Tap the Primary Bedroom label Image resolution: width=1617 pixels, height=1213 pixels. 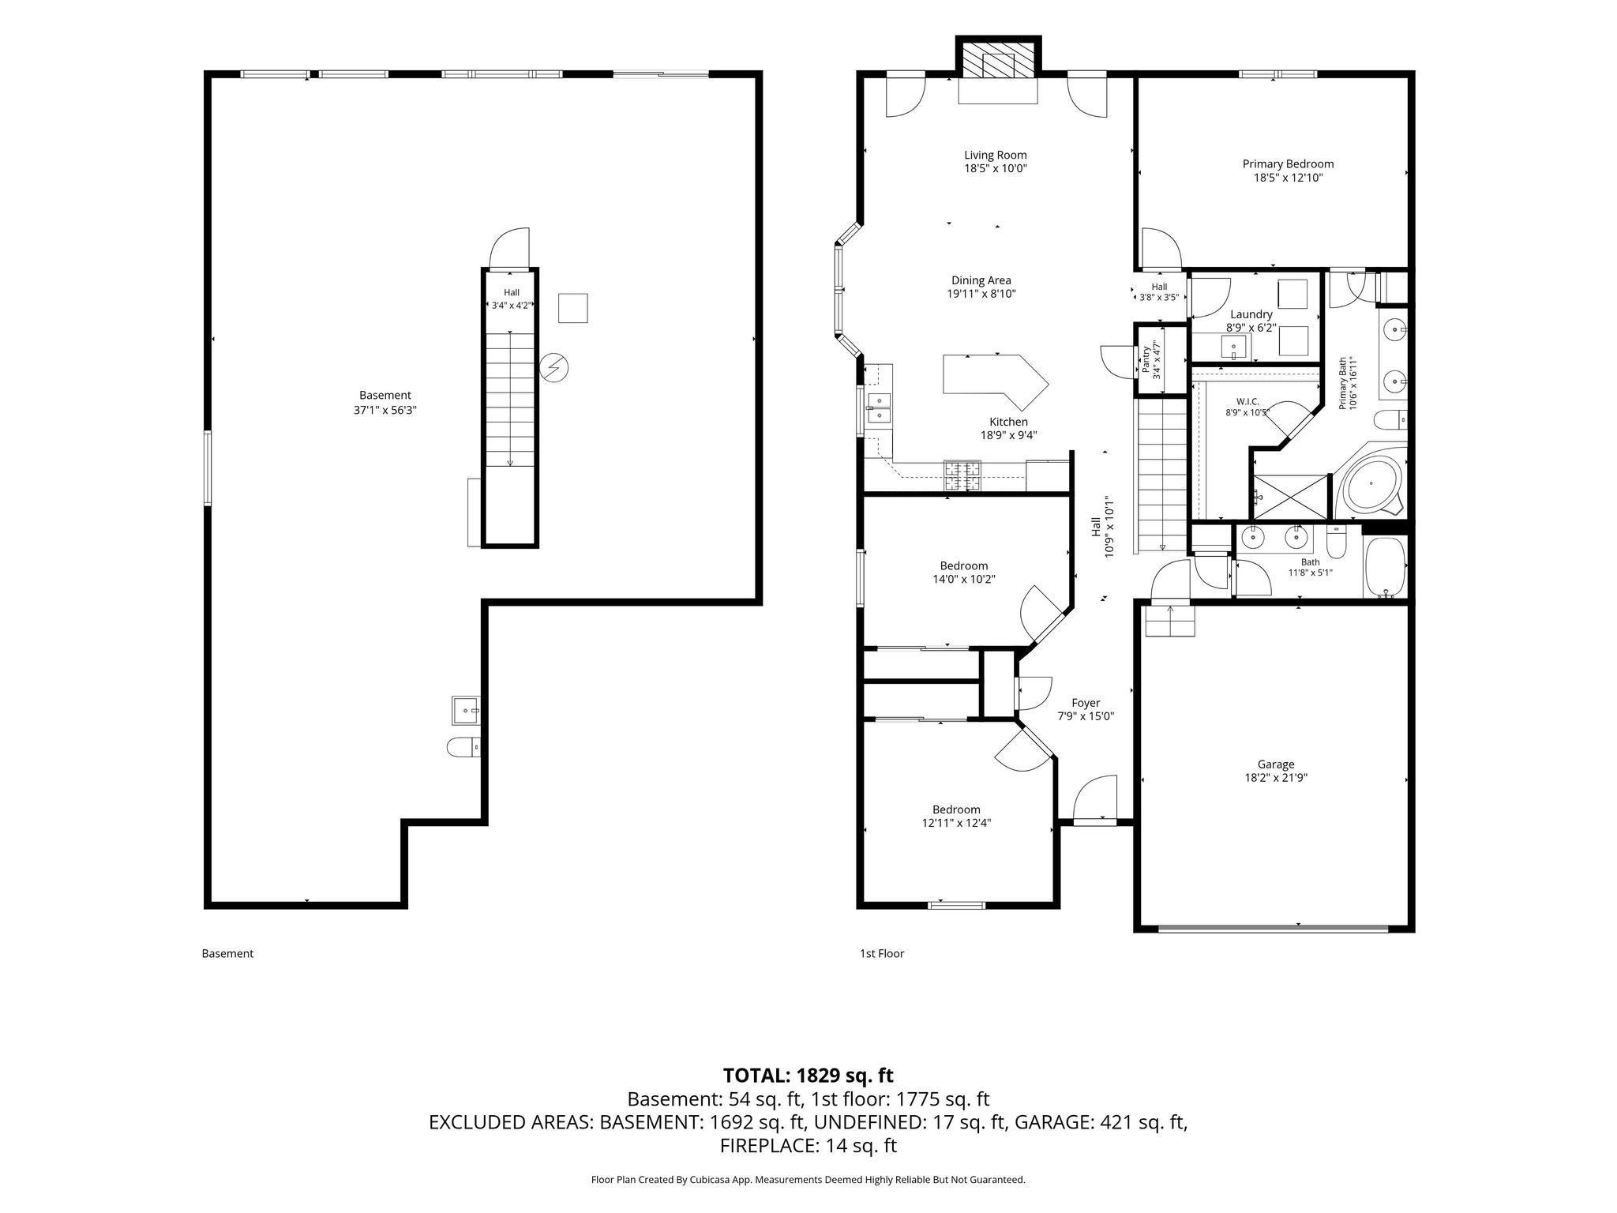point(1288,164)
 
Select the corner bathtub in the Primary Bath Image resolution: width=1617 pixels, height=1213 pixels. point(1372,483)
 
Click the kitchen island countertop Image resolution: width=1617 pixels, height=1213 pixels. point(996,381)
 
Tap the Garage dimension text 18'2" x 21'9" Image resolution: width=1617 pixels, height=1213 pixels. point(1276,778)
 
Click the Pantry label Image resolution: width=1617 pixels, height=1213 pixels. point(1146,360)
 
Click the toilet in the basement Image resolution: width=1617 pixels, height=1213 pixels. point(463,746)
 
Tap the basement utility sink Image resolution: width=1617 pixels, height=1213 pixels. point(466,711)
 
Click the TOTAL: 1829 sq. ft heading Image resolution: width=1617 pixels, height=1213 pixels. point(808,1075)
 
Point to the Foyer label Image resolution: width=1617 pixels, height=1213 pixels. point(1086,703)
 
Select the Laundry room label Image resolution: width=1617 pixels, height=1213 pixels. point(1251,314)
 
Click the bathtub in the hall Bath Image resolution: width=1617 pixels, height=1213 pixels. point(1386,567)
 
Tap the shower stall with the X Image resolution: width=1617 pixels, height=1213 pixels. point(1291,496)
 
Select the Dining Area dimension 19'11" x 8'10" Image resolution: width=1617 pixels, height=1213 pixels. point(981,294)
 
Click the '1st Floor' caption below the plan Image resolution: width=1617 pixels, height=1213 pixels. point(882,953)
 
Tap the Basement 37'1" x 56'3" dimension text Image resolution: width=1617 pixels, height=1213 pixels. point(385,411)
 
